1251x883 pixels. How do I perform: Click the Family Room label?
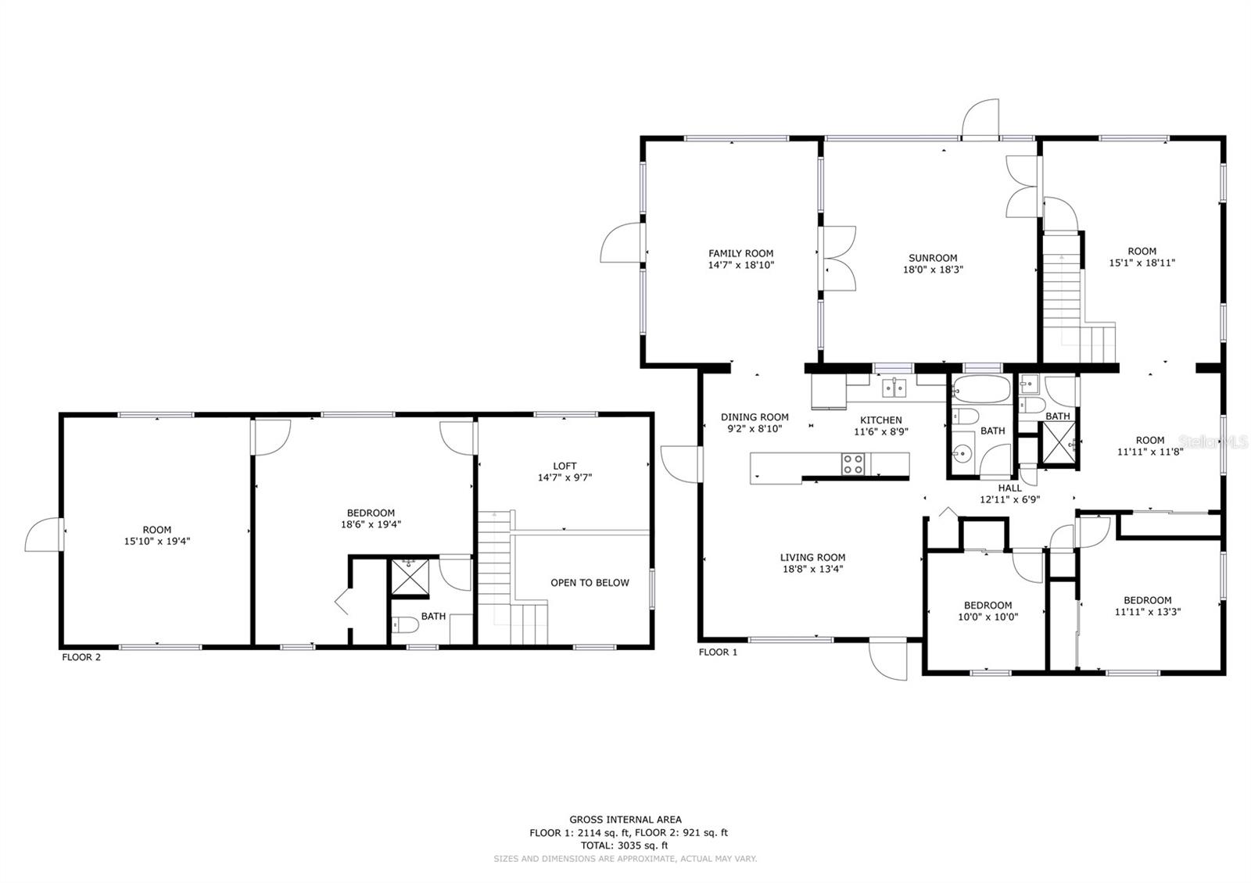(x=740, y=253)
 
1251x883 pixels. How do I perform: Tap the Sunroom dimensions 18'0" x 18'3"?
(x=933, y=270)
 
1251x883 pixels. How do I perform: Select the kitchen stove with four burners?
(x=853, y=464)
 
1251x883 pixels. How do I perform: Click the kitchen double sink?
(x=893, y=387)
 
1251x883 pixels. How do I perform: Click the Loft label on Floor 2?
(x=564, y=467)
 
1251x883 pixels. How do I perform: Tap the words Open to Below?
(x=590, y=583)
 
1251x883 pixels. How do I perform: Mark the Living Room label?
(x=812, y=558)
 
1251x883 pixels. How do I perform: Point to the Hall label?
(x=1009, y=488)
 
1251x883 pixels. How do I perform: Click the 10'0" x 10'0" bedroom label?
(x=988, y=617)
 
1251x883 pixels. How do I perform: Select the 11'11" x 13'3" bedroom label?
(x=1147, y=613)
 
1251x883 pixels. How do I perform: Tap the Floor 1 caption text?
(x=718, y=652)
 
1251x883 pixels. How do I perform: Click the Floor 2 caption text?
(x=81, y=657)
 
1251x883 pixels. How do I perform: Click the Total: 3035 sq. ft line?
(x=624, y=845)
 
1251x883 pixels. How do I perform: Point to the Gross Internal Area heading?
(x=625, y=820)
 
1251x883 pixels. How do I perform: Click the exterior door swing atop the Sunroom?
(x=980, y=119)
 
